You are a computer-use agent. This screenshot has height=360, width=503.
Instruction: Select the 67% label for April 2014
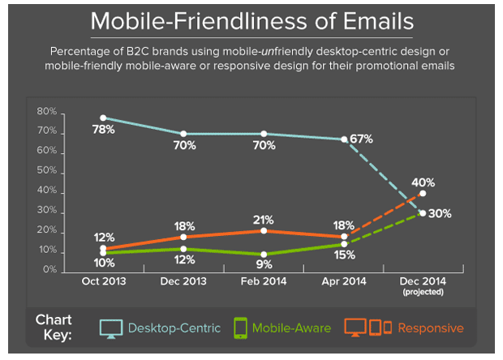pyautogui.click(x=362, y=139)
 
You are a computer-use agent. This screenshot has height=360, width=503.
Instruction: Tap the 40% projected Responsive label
pyautogui.click(x=423, y=182)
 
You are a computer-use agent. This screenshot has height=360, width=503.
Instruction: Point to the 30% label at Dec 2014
pyautogui.click(x=441, y=213)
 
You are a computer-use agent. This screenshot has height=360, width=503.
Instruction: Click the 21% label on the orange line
pyautogui.click(x=262, y=220)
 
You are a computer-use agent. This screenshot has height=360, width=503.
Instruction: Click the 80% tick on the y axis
pyautogui.click(x=47, y=111)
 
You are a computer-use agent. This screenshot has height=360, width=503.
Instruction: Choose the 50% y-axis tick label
pyautogui.click(x=47, y=171)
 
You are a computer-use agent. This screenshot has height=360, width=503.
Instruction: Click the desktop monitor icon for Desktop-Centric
pyautogui.click(x=111, y=328)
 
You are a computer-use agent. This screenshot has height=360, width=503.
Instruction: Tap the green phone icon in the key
pyautogui.click(x=239, y=328)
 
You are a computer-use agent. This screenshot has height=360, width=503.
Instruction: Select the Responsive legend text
pyautogui.click(x=431, y=328)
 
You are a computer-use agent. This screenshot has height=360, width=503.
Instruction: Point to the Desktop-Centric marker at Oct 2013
pyautogui.click(x=102, y=118)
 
